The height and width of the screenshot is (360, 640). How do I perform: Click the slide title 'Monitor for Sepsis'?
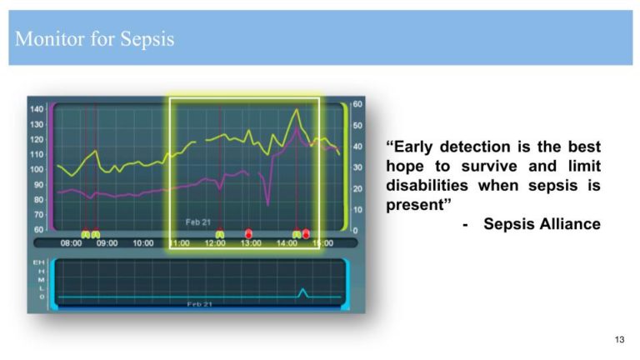tap(94, 39)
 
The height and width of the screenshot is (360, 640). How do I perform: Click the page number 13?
tap(618, 339)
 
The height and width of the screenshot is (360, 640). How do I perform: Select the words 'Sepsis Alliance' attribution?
tap(542, 223)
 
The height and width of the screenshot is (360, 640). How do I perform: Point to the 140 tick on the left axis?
tap(37, 109)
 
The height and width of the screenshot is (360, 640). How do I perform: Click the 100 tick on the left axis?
tap(37, 169)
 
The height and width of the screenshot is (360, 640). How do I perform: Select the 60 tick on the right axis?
tap(357, 104)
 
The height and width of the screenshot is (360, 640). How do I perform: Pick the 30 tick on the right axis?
tap(357, 167)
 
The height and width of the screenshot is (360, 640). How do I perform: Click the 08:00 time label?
tap(72, 243)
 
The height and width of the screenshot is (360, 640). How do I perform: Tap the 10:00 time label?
tap(142, 243)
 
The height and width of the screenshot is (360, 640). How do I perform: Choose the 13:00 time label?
tap(251, 243)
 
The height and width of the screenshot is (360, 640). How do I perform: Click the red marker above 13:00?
tap(248, 233)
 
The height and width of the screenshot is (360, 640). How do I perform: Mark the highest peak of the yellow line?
tap(295, 109)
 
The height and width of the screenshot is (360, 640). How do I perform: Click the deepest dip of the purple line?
tap(267, 204)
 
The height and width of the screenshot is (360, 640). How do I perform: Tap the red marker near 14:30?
tap(306, 234)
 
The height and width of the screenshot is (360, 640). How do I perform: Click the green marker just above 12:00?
tap(218, 234)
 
